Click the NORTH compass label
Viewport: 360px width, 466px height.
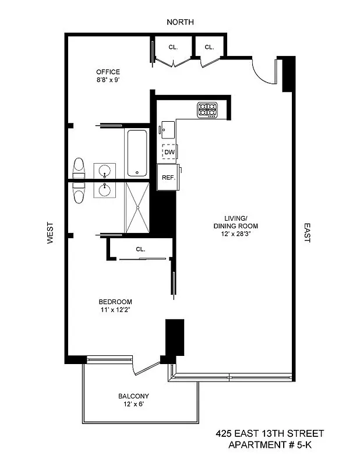pos(180,22)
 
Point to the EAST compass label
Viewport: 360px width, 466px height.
pos(307,232)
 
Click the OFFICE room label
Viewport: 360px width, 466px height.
pos(108,72)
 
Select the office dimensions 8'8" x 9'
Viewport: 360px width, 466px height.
pos(108,80)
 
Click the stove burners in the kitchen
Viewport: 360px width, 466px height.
pos(207,109)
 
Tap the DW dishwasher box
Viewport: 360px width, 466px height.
pos(170,152)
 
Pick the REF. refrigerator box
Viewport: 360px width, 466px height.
pos(169,177)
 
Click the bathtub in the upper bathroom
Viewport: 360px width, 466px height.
pos(138,153)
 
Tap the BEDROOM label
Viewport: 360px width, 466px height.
pos(115,302)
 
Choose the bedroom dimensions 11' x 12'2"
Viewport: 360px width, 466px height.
pos(115,310)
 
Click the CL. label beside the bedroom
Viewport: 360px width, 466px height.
pos(140,249)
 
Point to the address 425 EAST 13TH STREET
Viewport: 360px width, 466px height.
pos(270,434)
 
